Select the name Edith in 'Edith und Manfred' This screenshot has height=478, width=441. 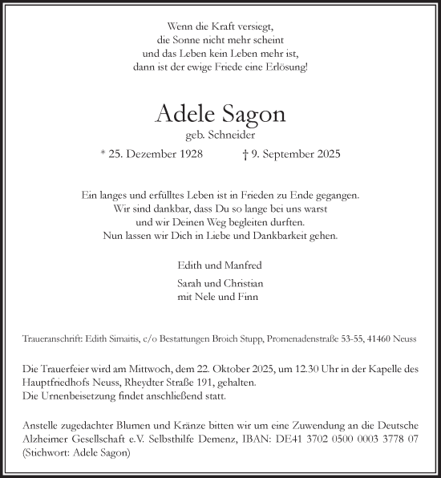tap(192, 265)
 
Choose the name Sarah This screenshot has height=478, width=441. tap(191, 283)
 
